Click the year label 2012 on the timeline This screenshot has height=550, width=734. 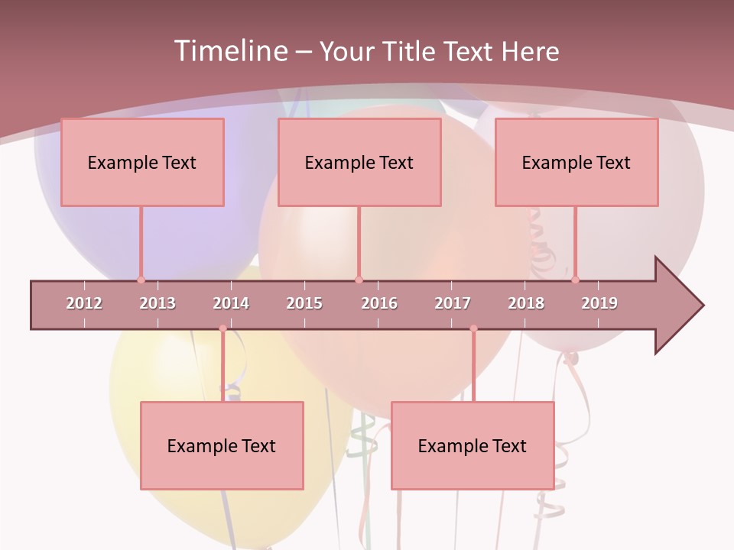[84, 303]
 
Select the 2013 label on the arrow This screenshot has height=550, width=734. [158, 303]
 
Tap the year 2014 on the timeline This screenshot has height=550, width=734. [231, 303]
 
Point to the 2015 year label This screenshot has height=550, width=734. [304, 303]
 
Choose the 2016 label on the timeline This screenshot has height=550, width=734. [379, 303]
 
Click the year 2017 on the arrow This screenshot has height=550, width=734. [453, 303]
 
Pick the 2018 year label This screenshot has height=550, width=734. [526, 303]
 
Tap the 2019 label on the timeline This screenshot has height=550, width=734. [599, 303]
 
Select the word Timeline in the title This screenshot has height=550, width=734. [229, 51]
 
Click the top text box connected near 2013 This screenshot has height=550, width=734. [142, 162]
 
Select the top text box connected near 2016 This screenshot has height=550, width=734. [359, 162]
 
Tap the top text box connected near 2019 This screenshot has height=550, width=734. [576, 162]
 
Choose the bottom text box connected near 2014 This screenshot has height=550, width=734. [222, 445]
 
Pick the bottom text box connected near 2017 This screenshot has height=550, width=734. [473, 445]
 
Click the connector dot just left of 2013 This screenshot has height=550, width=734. [141, 280]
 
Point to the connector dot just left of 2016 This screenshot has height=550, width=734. [359, 280]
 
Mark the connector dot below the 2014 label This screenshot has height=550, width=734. [222, 328]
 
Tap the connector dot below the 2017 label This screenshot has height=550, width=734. [473, 328]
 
